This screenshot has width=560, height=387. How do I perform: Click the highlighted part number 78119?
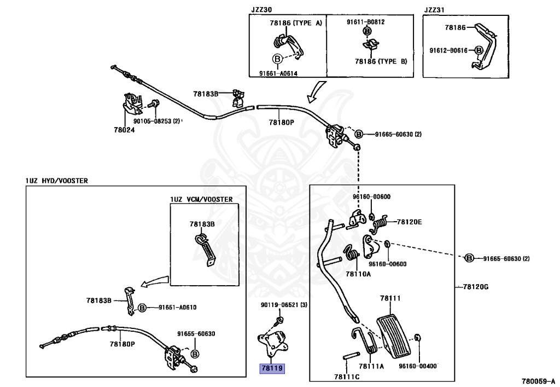coord(272,368)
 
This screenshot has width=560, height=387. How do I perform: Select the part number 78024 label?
coord(124,130)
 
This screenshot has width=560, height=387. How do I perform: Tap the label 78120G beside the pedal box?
coord(475,286)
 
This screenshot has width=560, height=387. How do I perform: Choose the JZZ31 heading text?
coord(435,9)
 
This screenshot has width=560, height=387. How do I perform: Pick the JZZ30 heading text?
coord(262,9)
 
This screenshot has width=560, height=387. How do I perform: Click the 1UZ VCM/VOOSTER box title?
coord(201,199)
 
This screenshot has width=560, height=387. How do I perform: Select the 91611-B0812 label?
coord(366,22)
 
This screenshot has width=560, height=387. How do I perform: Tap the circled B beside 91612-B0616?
coord(479,50)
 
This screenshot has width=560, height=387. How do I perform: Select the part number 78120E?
coord(409,222)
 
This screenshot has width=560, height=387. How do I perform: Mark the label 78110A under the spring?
coord(358,273)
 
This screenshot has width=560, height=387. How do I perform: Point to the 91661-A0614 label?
coord(278,73)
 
